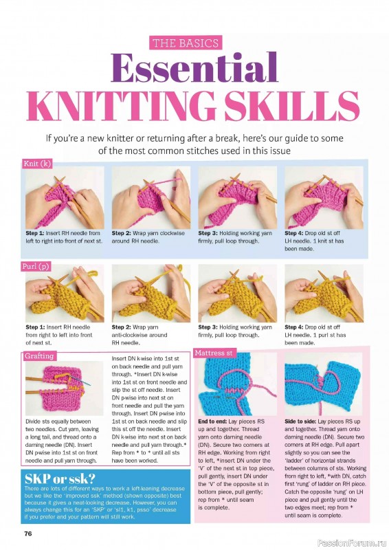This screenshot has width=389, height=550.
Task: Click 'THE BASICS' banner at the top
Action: pos(185,43)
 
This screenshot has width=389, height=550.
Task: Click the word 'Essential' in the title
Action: pos(194,69)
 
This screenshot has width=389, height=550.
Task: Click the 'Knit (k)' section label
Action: pos(38,164)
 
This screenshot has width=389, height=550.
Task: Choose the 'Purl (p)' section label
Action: pos(38,265)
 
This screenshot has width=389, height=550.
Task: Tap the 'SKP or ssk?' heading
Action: pos(55,478)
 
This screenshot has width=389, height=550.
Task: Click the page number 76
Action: pos(28,533)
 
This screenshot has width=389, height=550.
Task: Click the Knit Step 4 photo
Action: pos(324,197)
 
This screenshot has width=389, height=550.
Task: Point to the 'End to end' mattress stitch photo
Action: pos(237,385)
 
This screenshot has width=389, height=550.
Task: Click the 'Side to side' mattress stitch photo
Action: pos(323,385)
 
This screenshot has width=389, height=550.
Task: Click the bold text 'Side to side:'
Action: pos(303,421)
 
